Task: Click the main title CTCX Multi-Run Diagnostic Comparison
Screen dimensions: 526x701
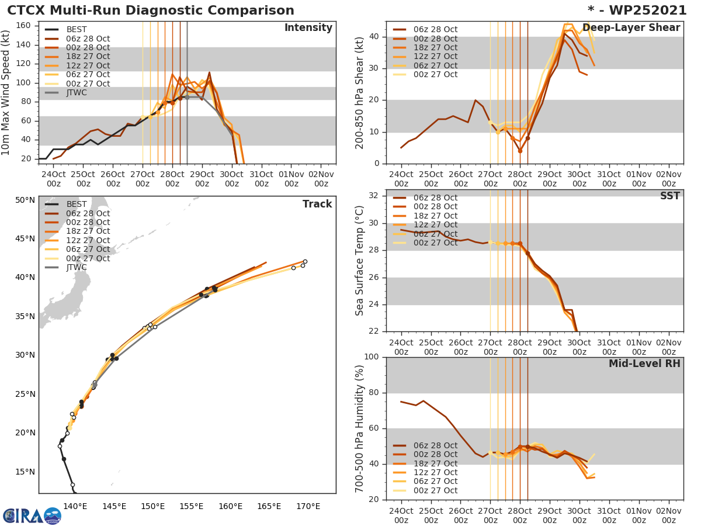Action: coord(151,11)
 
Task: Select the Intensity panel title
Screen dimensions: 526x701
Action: coord(308,28)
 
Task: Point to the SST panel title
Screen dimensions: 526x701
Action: coord(670,196)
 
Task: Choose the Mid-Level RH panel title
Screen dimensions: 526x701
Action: coord(644,364)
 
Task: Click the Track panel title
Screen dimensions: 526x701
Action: coord(317,204)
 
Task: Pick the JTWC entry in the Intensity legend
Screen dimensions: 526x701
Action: coord(77,92)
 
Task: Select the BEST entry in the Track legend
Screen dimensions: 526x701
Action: coord(77,204)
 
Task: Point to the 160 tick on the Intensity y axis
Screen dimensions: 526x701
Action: coord(26,26)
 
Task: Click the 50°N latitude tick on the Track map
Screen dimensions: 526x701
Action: coord(25,200)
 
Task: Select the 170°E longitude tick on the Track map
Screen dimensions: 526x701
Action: coord(308,506)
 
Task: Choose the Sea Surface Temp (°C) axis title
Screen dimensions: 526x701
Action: coord(360,261)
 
